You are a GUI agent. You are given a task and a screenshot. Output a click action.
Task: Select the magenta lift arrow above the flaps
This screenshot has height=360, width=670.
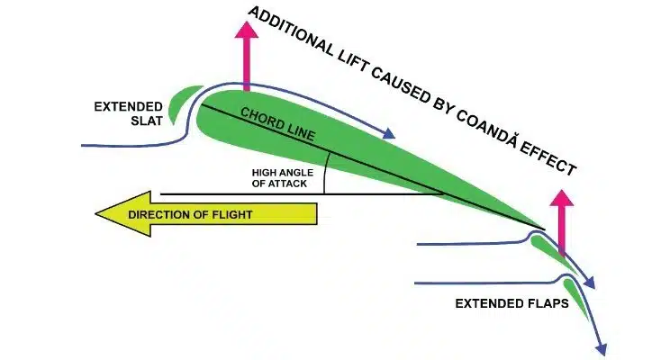coord(562,220)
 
